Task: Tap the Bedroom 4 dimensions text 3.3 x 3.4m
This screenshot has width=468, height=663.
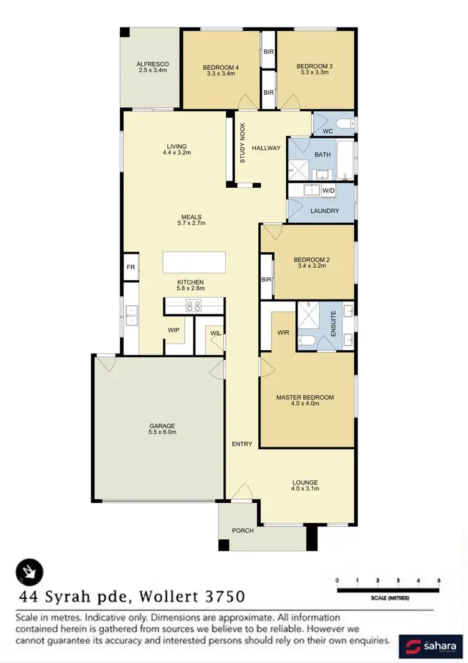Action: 220,73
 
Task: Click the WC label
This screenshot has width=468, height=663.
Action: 327,131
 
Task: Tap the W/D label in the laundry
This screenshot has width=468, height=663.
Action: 328,190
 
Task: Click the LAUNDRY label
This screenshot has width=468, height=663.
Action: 324,211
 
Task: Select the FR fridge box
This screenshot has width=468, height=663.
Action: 130,267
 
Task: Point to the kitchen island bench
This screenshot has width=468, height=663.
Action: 193,262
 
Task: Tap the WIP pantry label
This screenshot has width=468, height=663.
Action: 173,330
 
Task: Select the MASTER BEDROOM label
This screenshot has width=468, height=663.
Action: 305,397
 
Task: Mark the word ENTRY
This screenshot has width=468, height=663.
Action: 241,444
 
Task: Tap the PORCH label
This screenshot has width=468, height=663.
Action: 243,531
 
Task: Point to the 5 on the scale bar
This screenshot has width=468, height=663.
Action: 439,581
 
